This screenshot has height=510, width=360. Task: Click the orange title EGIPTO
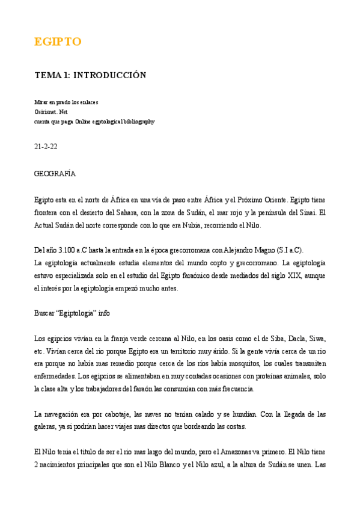tap(58, 41)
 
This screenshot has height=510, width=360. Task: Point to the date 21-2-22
tap(46, 146)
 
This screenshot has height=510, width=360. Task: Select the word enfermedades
tap(55, 377)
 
